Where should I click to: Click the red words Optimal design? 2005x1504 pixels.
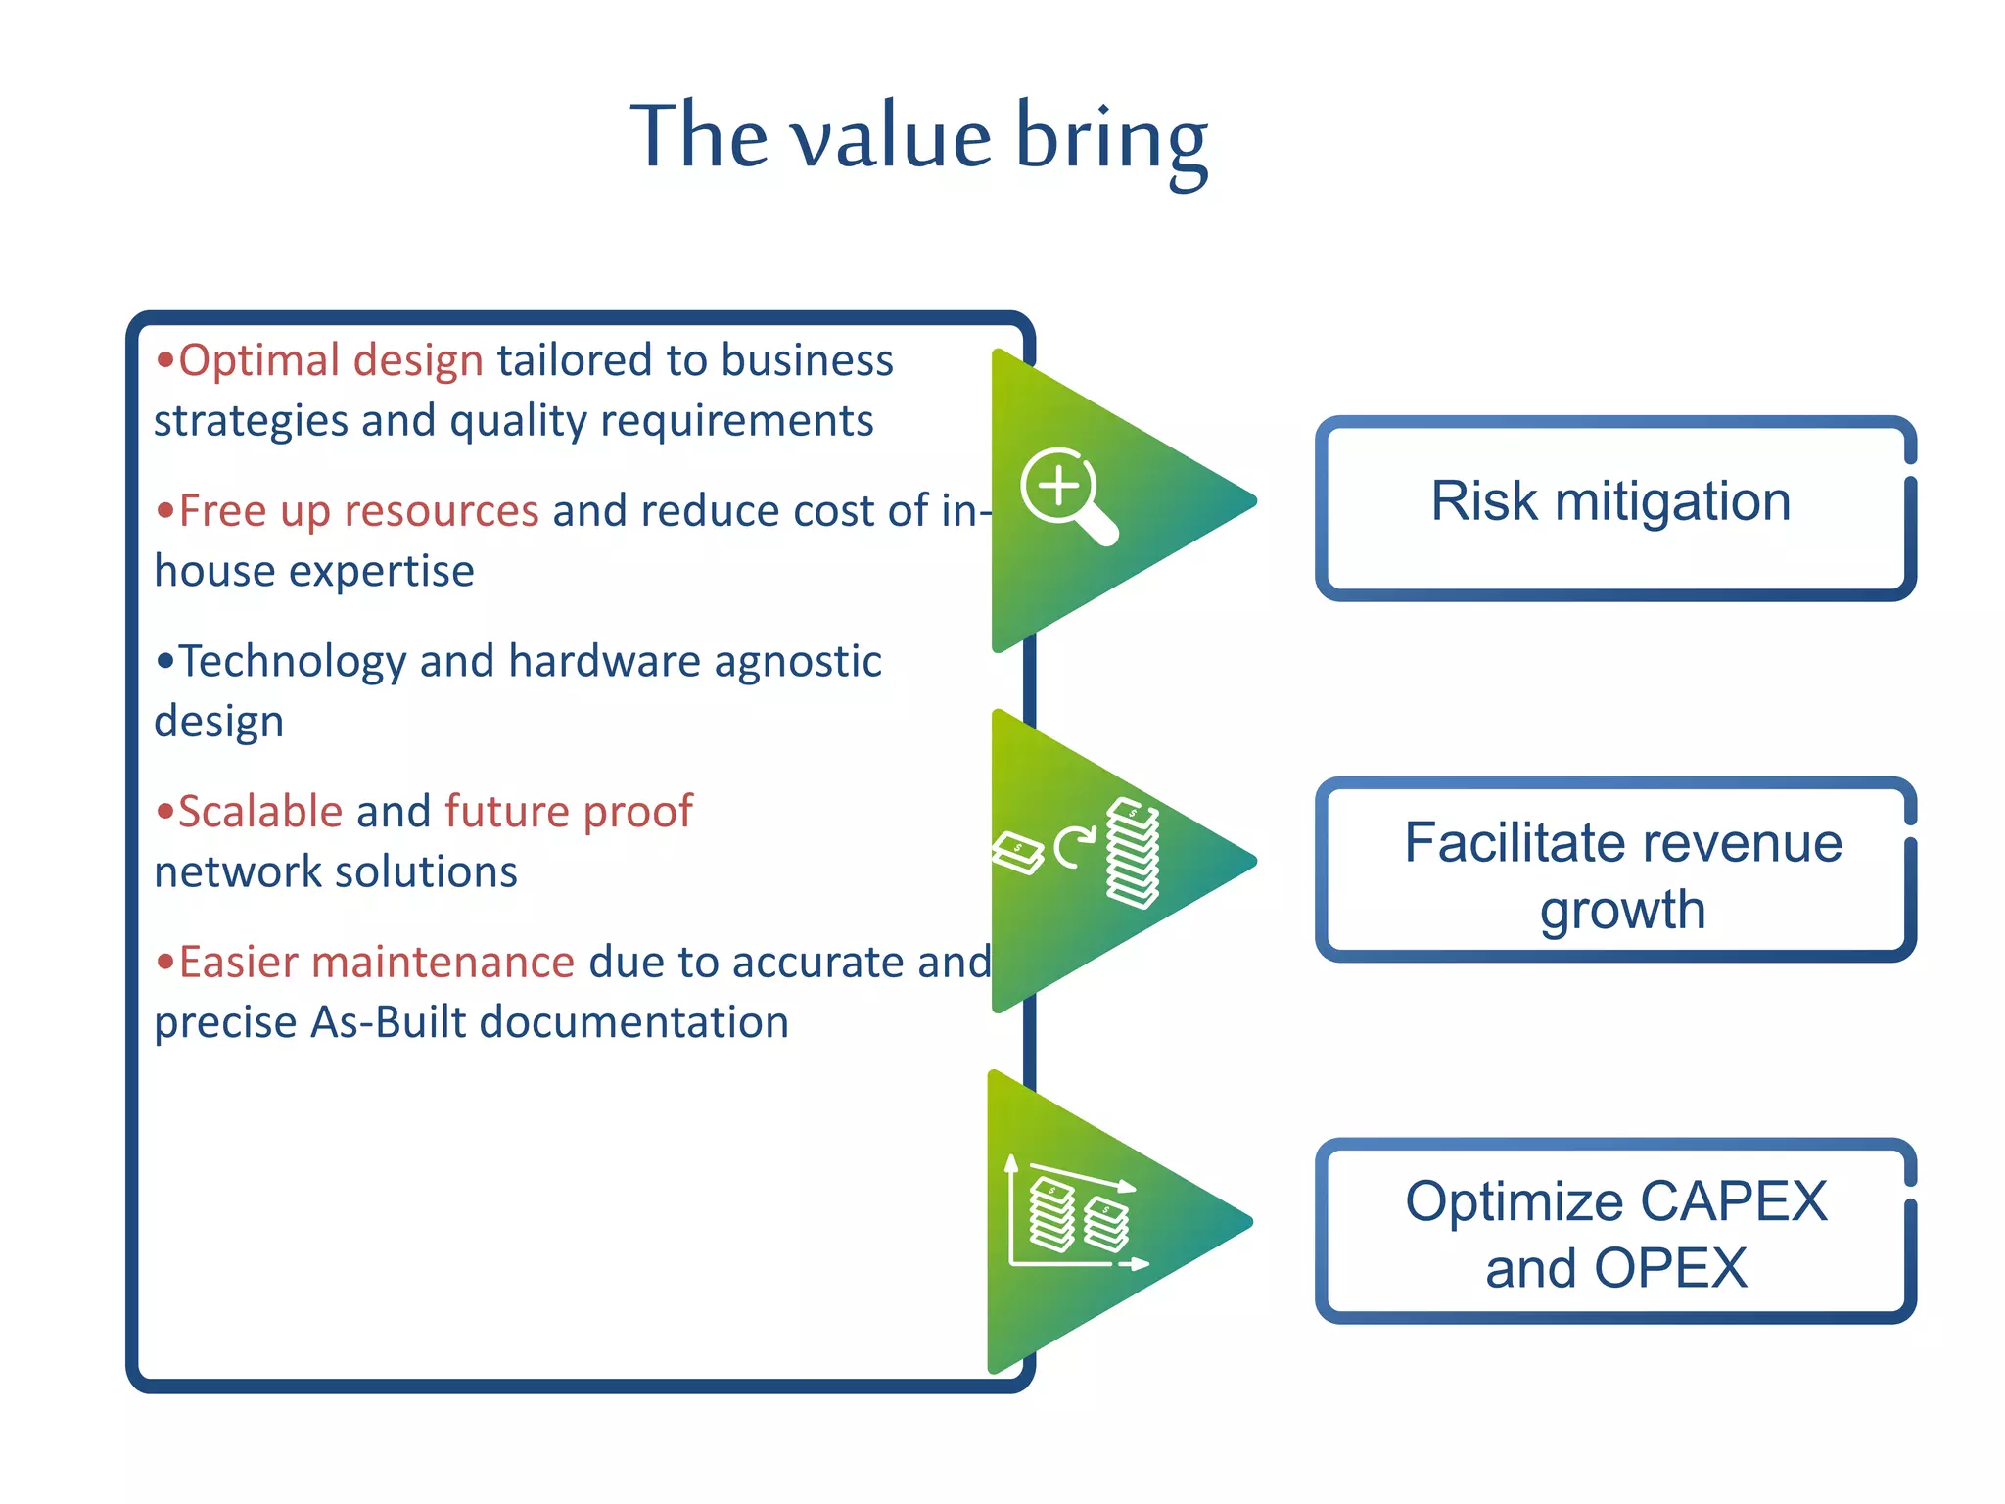pos(330,360)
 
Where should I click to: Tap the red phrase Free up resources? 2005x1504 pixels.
pos(358,511)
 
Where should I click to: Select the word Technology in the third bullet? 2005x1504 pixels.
pos(292,662)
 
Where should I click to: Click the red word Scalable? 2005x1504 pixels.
pos(260,812)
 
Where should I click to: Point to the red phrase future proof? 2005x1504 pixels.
pos(568,812)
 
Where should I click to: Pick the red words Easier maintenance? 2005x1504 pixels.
pos(376,963)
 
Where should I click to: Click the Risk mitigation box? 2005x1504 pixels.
pos(1613,507)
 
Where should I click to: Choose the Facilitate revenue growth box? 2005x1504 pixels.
pos(1613,869)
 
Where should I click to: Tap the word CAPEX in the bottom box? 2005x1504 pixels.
pos(1733,1201)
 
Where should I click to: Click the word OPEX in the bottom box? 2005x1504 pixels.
pos(1669,1269)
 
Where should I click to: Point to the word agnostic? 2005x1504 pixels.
pos(798,662)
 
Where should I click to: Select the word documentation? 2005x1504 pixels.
pos(634,1022)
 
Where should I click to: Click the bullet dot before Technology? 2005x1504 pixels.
pos(164,662)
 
